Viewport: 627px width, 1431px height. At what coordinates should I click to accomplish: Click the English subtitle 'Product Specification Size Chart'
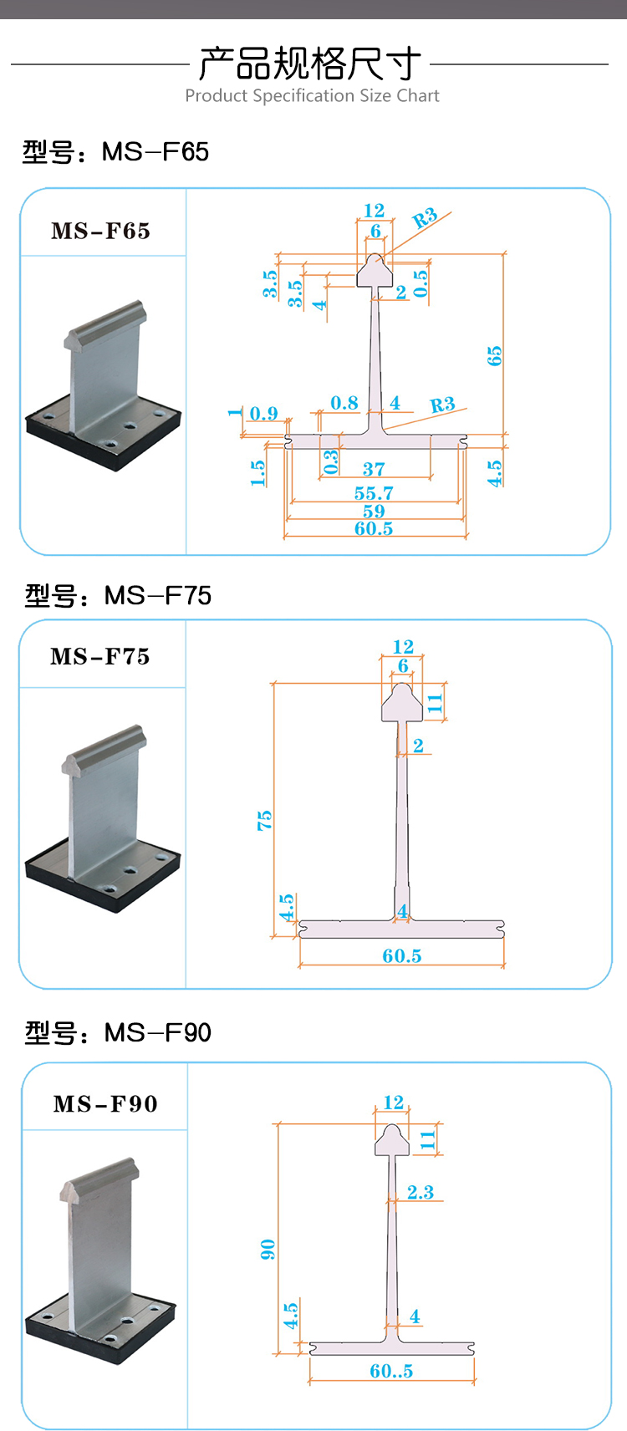click(x=312, y=96)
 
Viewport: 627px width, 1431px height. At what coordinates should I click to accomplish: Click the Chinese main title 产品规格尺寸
click(x=310, y=64)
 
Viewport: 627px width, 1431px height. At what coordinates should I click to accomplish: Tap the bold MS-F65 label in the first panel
click(x=101, y=231)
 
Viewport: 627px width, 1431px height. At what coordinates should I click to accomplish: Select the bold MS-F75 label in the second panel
click(x=100, y=657)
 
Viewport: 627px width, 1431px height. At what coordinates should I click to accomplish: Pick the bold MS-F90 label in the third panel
click(x=105, y=1104)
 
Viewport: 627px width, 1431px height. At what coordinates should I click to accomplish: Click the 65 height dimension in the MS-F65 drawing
click(x=494, y=356)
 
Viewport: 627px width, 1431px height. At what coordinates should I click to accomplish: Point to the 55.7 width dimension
click(x=374, y=493)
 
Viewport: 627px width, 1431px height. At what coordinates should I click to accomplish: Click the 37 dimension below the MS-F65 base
click(x=374, y=469)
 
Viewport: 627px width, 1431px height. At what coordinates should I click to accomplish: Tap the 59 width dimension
click(x=374, y=511)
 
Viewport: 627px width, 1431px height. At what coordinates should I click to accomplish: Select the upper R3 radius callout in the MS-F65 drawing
click(x=426, y=219)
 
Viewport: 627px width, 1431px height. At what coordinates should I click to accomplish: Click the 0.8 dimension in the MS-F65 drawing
click(x=344, y=404)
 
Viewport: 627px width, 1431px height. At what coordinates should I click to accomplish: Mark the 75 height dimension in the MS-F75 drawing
click(x=264, y=820)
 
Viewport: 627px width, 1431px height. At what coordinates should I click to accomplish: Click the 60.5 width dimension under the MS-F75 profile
click(x=402, y=955)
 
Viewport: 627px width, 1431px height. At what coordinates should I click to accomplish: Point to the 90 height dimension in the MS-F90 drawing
click(x=268, y=1250)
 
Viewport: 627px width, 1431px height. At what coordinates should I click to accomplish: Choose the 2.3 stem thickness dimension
click(x=421, y=1192)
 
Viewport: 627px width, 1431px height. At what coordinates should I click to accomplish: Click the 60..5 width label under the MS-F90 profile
click(x=391, y=1371)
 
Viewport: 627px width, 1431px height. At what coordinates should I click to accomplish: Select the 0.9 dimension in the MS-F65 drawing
click(x=263, y=414)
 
